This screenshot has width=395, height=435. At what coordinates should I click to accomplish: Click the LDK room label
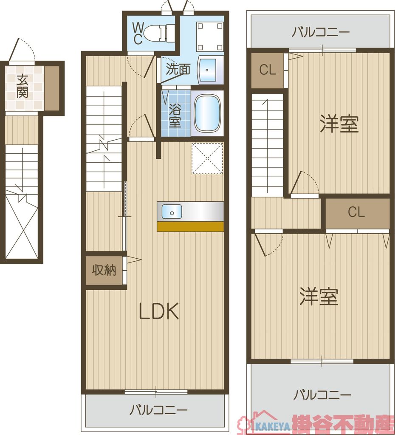[x=159, y=313]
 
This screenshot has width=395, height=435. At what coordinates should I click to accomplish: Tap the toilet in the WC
[x=159, y=32]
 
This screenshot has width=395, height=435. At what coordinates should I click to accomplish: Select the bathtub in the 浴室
[x=207, y=113]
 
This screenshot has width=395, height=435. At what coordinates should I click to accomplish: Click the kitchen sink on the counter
[x=172, y=211]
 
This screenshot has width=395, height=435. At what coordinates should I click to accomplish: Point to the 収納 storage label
[x=104, y=271]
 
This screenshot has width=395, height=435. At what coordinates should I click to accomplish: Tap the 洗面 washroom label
[x=178, y=69]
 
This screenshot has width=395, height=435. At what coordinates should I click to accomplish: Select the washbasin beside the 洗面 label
[x=207, y=69]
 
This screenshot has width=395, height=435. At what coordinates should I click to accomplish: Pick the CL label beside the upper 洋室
[x=268, y=70]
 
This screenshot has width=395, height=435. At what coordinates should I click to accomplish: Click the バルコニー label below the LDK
[x=158, y=410]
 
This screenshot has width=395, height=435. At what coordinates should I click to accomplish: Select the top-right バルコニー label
[x=321, y=32]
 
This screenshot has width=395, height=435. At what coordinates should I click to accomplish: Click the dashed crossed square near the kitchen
[x=207, y=158]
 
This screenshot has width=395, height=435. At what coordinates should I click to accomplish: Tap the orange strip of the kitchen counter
[x=190, y=226]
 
